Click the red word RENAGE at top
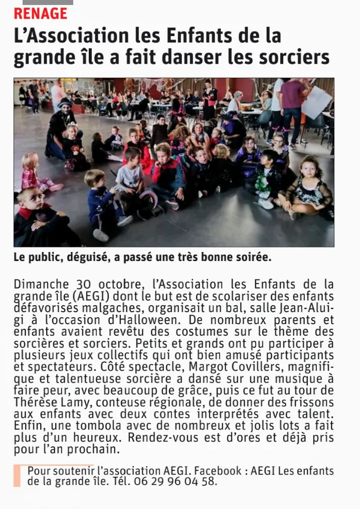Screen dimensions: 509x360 pyautogui.click(x=40, y=14)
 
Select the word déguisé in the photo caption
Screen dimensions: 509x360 pyautogui.click(x=77, y=258)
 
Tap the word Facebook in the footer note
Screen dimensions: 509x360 pyautogui.click(x=218, y=471)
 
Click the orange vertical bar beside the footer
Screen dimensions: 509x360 pyautogui.click(x=17, y=476)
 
